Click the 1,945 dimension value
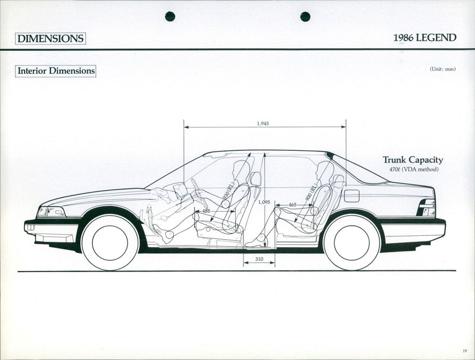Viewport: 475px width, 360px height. pyautogui.click(x=262, y=124)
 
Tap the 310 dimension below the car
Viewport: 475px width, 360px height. pyautogui.click(x=259, y=259)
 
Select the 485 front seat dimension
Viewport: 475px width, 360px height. pyautogui.click(x=205, y=210)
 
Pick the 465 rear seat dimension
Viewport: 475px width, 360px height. pyautogui.click(x=292, y=205)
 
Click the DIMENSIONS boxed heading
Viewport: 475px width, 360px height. pyautogui.click(x=50, y=39)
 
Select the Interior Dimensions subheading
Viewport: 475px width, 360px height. pyautogui.click(x=56, y=71)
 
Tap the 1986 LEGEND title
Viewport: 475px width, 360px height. pyautogui.click(x=425, y=38)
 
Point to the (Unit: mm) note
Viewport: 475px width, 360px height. pyautogui.click(x=442, y=70)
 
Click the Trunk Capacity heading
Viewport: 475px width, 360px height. pyautogui.click(x=412, y=160)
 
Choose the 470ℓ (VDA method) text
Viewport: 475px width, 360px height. pyautogui.click(x=412, y=170)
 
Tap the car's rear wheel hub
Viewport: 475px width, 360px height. pyautogui.click(x=352, y=242)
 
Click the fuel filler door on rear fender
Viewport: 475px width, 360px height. pyautogui.click(x=351, y=195)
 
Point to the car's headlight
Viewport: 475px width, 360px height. pyautogui.click(x=52, y=211)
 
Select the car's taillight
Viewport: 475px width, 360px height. pyautogui.click(x=427, y=207)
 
